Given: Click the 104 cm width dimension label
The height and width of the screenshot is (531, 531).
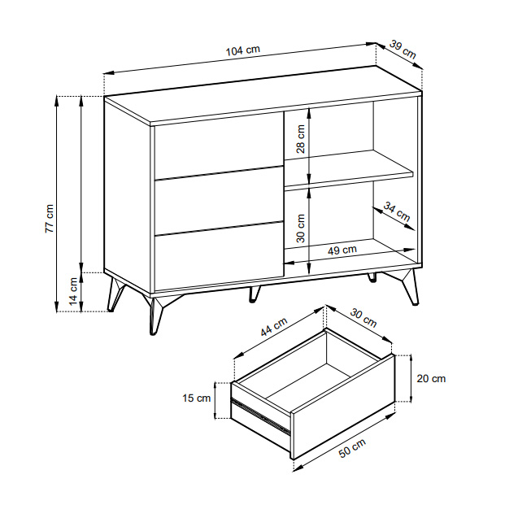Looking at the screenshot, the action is click(x=243, y=50).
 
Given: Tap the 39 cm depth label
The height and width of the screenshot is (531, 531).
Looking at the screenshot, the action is click(x=403, y=49).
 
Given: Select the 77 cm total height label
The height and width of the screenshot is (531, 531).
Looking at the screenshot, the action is click(x=50, y=219).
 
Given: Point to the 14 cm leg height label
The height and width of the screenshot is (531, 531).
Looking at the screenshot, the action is click(x=73, y=291).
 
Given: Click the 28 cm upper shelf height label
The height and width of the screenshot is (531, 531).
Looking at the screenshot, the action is click(x=300, y=139).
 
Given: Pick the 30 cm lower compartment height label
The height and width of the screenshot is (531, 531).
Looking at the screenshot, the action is click(x=300, y=229).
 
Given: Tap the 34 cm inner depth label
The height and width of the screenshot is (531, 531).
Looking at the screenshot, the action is click(x=397, y=211).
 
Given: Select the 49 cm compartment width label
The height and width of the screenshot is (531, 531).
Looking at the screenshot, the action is click(x=342, y=250).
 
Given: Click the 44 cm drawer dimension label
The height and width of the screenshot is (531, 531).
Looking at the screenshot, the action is click(x=274, y=327).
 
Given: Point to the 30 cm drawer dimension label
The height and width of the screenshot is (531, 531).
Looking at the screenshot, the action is click(x=363, y=318).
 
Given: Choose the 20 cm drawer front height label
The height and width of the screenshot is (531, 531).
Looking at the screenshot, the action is click(x=431, y=378).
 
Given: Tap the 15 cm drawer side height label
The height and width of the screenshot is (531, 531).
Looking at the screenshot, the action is click(x=197, y=398).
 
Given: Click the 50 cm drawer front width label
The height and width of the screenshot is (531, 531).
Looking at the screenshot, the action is click(x=353, y=448).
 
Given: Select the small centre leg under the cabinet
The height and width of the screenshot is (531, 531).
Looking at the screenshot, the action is click(x=254, y=294).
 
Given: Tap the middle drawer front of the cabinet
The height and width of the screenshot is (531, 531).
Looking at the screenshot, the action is click(x=219, y=201).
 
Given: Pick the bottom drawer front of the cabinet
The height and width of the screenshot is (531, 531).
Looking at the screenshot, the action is click(x=219, y=256).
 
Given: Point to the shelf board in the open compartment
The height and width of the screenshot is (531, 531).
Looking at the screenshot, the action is click(x=349, y=168).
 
